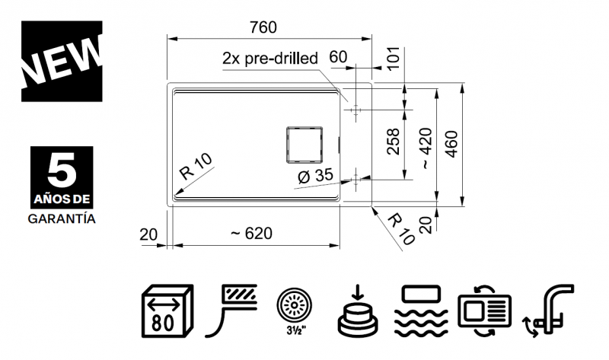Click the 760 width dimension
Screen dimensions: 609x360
point(263,27)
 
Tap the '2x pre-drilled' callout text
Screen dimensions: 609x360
point(270,59)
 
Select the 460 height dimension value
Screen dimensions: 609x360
point(451,144)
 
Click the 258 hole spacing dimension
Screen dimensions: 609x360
point(394,142)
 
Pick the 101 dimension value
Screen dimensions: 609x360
point(394,59)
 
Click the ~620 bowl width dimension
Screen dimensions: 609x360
point(251,234)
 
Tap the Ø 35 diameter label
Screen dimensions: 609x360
point(315,176)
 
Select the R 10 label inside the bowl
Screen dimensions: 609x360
point(196,166)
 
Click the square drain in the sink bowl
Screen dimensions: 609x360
point(304,144)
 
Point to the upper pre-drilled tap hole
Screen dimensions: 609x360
point(356,110)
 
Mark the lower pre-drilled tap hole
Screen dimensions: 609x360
point(356,180)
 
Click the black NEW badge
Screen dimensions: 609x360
point(62,62)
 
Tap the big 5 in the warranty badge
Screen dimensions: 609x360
point(62,169)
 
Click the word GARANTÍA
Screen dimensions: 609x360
point(62,219)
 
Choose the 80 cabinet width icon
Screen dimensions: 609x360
point(167,311)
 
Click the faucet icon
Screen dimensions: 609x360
point(548,311)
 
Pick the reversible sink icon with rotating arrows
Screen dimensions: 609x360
point(484,311)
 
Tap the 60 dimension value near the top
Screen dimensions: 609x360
point(338,57)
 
